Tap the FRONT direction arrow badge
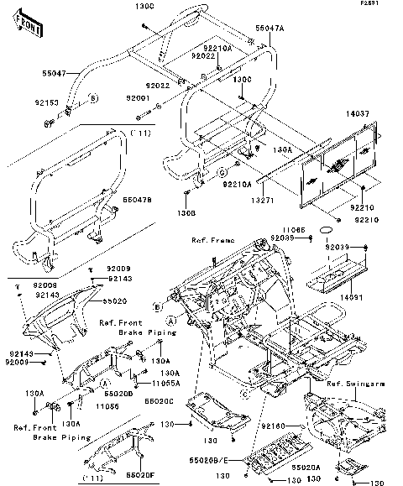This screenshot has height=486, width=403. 31,29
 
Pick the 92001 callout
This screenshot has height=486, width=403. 138,98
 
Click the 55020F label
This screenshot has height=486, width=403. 139,475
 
